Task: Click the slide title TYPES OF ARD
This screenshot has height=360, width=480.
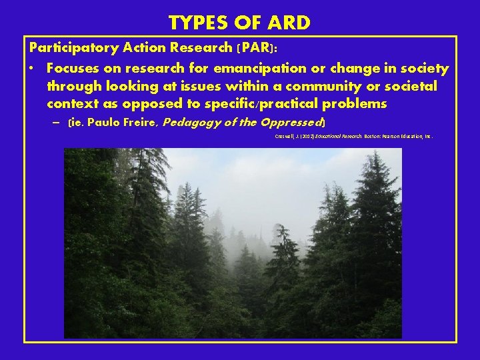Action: coord(239,23)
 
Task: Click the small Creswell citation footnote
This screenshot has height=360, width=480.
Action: coord(354,135)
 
